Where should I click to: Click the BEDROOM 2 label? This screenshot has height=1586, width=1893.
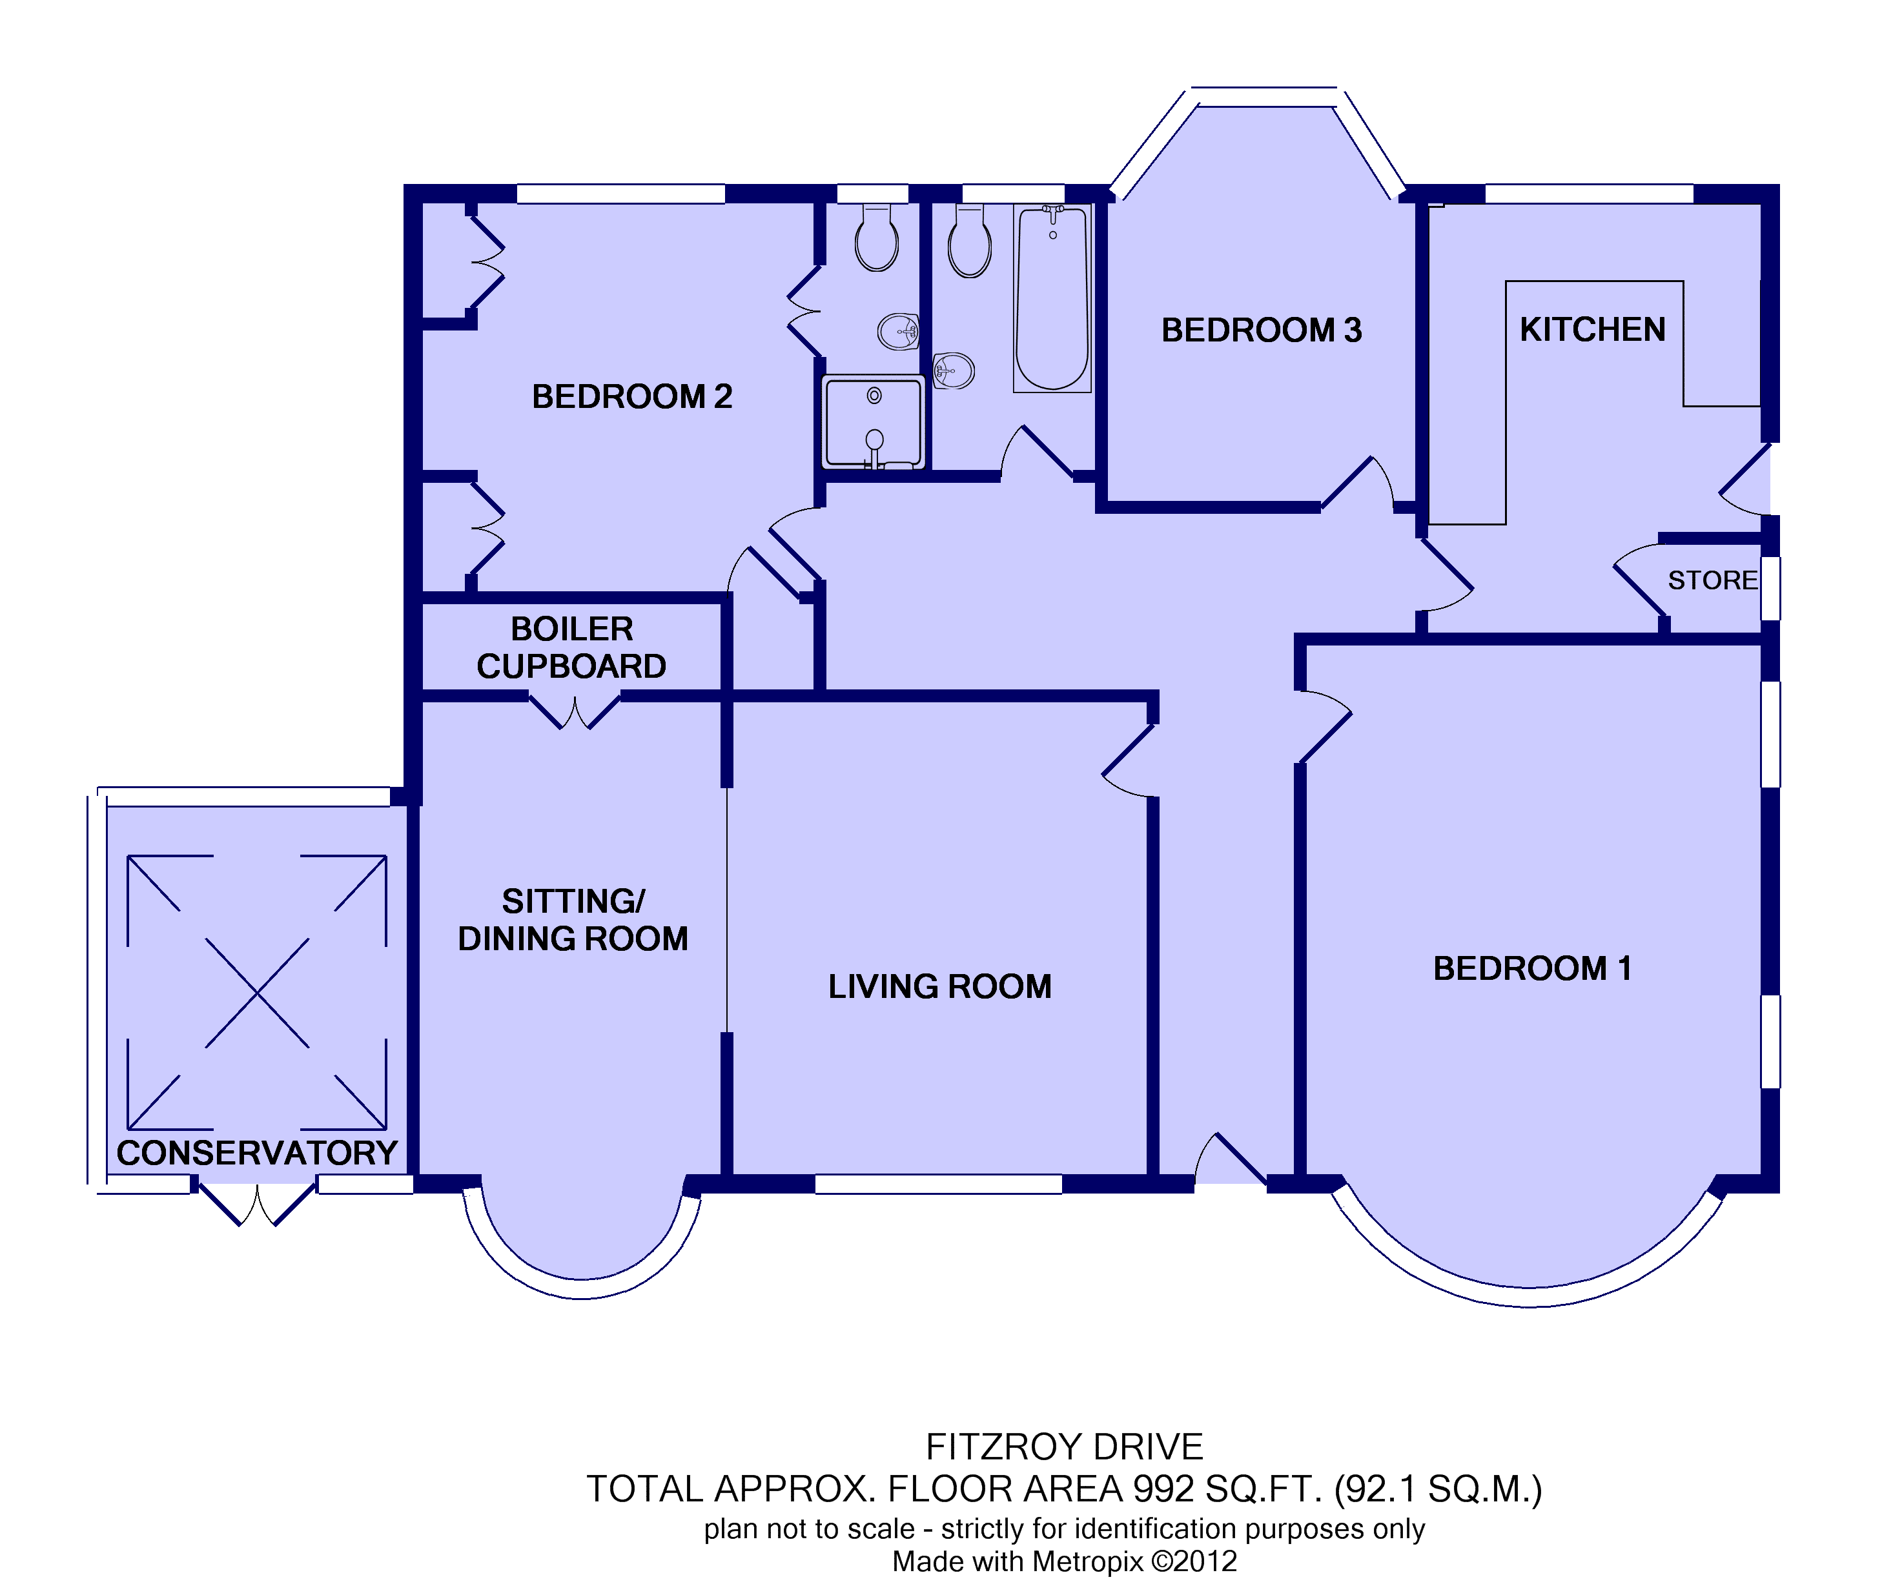coord(632,396)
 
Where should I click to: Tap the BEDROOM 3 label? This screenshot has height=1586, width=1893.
coord(1261,330)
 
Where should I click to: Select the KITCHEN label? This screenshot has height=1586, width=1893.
coord(1593,330)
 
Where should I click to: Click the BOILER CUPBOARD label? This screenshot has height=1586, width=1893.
coord(571,647)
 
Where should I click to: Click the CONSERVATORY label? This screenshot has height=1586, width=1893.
coord(257,1154)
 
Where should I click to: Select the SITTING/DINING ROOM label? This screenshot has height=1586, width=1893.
coord(573,920)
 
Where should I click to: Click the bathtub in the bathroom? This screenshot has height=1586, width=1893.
coord(1052,298)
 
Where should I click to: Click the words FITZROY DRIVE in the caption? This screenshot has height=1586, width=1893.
coord(1065,1447)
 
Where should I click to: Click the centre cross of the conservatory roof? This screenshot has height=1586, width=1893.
coord(257,993)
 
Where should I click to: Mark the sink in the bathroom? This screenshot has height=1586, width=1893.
coord(953,371)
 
